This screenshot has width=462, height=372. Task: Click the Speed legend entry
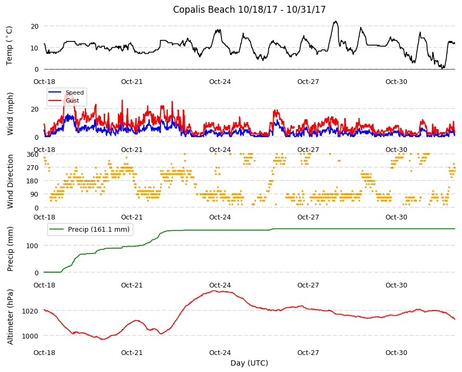point(66,92)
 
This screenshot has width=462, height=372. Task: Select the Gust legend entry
point(64,100)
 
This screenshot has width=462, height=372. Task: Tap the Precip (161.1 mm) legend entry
point(90,230)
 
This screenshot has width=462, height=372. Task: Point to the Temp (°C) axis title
point(10,46)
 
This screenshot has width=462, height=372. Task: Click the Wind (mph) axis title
point(10,114)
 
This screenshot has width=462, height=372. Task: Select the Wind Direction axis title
point(10,181)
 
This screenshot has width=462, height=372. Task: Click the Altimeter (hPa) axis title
point(10,317)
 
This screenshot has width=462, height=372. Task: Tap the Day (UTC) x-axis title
point(249,363)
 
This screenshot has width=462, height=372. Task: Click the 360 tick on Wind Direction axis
point(33,155)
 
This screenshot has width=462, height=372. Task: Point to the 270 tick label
point(33,168)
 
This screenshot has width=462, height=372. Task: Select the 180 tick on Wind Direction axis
point(33,181)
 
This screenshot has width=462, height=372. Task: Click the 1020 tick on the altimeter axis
point(30,311)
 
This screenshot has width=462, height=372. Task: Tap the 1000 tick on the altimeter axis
point(30,336)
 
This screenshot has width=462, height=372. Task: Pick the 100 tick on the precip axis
point(33,246)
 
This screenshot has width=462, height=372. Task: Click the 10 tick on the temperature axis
point(35,48)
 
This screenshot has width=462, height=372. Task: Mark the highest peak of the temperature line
point(335,21)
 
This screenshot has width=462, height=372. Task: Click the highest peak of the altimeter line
point(214,291)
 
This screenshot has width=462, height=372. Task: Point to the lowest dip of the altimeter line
point(102,340)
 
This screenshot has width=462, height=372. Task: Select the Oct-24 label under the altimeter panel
point(220,352)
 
